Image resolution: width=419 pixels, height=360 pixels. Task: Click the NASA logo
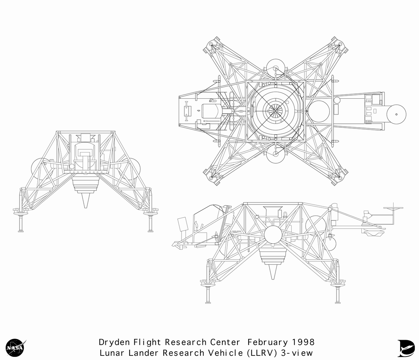click(15, 348)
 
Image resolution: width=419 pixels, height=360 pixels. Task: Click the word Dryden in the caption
click(114, 343)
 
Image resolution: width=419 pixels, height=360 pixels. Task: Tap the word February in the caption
click(267, 343)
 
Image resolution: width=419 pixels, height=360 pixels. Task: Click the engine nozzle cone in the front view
click(86, 200)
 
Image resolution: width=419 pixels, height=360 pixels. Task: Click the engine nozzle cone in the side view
click(273, 272)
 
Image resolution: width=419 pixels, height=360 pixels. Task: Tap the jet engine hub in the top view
click(275, 111)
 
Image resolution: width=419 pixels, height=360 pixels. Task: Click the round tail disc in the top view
click(396, 114)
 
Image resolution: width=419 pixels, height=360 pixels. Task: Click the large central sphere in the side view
click(273, 234)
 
